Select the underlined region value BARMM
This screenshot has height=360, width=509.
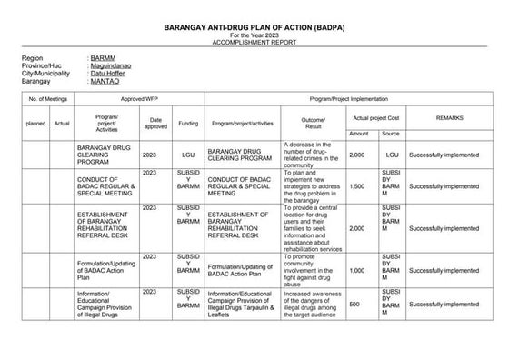coord(102,57)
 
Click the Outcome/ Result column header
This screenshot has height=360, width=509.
coord(314,122)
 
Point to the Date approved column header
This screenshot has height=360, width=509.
coord(155,122)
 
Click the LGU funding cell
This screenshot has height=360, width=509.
coord(188,155)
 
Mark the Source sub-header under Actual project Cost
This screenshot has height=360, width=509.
coord(391,134)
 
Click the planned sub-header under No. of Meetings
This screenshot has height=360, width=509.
coord(36,123)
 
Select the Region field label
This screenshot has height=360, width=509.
coord(33,57)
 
